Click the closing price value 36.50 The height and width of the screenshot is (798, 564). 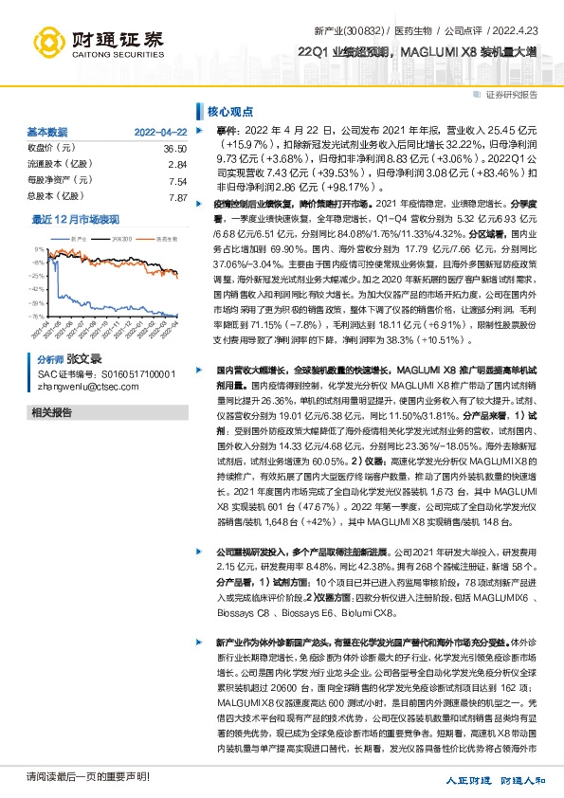[x=174, y=150]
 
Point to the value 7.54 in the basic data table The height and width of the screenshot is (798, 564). [x=177, y=182]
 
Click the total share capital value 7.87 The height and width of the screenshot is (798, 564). [x=177, y=198]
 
